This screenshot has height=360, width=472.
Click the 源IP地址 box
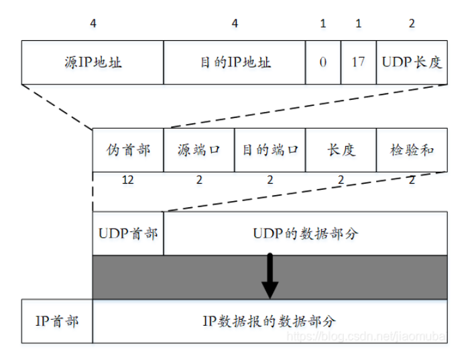(92, 62)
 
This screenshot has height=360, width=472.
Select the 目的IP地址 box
(235, 62)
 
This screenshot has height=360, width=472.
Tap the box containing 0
(323, 62)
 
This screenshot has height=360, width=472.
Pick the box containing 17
(358, 62)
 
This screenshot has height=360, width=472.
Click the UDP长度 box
(412, 62)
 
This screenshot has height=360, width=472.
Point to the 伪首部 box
(128, 149)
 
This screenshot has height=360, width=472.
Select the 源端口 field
(199, 149)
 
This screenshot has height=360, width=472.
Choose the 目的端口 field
(270, 149)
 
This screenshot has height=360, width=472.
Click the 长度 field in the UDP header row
(341, 149)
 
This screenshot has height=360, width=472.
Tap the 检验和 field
(412, 149)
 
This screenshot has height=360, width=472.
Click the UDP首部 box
(128, 234)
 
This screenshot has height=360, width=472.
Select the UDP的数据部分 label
(305, 234)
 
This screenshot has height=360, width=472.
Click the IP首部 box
(57, 321)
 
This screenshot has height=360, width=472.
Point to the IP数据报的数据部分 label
(270, 321)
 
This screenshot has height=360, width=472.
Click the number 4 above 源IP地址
(93, 23)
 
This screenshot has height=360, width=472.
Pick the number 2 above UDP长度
(412, 23)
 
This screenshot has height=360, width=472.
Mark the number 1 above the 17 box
(358, 23)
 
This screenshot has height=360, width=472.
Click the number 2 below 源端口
(199, 180)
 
